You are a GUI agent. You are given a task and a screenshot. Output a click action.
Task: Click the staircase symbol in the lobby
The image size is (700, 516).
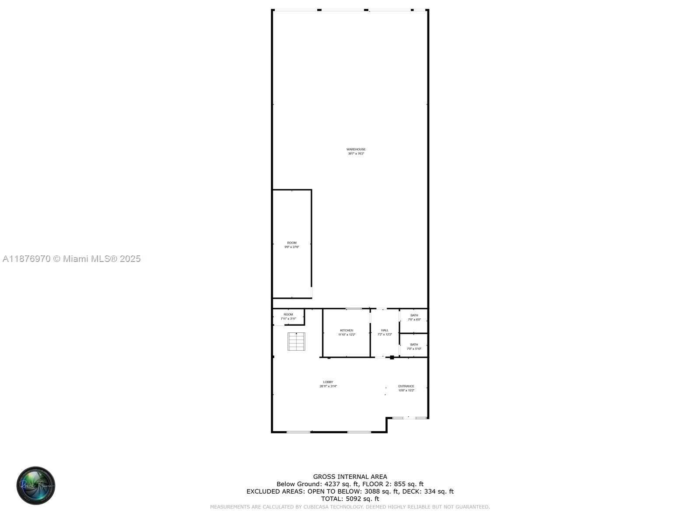296,342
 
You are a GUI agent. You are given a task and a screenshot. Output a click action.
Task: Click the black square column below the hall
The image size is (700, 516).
392,358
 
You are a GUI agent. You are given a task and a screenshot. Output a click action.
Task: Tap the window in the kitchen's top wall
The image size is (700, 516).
354,309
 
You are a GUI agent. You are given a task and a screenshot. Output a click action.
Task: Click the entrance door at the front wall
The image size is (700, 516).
409,418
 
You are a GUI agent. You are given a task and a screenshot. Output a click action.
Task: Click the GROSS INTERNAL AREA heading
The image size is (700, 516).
350,477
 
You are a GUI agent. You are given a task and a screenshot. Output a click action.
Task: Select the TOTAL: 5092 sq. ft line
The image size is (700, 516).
350,499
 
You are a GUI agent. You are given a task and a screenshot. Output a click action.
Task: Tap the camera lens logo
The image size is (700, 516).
36,485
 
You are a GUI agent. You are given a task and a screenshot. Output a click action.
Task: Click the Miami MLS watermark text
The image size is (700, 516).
71,259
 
